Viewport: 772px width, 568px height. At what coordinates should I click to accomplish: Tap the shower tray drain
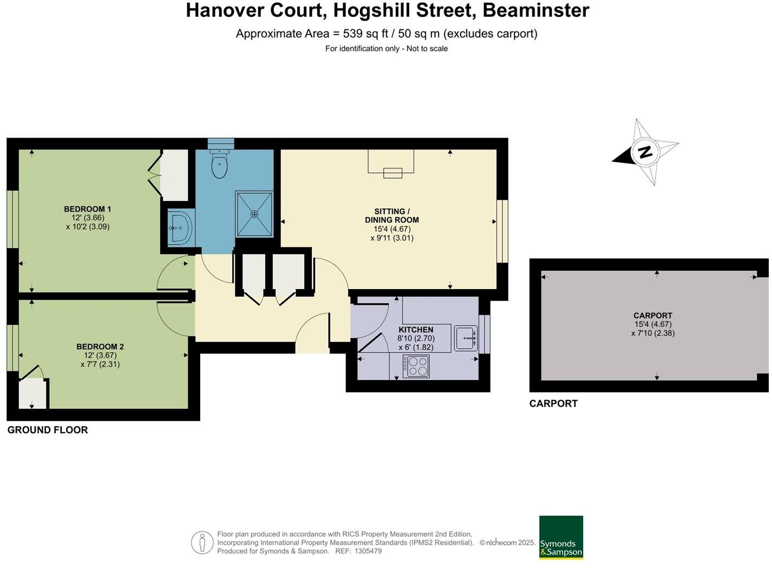[x=254, y=214]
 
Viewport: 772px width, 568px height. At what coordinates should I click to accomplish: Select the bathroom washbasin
[x=179, y=228]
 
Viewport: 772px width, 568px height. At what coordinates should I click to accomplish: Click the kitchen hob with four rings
[x=416, y=366]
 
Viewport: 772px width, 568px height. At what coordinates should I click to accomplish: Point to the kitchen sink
[x=466, y=338]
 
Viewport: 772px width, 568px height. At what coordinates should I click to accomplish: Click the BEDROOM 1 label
[x=88, y=209]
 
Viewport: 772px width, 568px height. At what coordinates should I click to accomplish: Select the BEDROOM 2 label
[x=100, y=347]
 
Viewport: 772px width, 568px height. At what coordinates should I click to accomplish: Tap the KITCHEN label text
[x=416, y=329]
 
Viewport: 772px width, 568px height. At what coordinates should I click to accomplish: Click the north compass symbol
[x=645, y=152]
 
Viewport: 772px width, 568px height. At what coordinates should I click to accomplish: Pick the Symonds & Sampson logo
[x=561, y=537]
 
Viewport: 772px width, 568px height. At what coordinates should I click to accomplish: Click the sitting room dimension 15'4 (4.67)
[x=392, y=229]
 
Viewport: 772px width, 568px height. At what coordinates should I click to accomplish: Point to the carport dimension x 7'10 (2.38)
[x=653, y=333]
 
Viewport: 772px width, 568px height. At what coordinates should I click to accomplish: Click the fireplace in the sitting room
[x=392, y=163]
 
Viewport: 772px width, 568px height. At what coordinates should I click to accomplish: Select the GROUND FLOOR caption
[x=48, y=430]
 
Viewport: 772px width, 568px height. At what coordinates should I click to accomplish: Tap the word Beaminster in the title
[x=535, y=10]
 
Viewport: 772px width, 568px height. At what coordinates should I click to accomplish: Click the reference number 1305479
[x=368, y=551]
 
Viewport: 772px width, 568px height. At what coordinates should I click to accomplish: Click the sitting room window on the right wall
[x=503, y=231]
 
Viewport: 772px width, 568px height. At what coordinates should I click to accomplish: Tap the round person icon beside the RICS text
[x=202, y=543]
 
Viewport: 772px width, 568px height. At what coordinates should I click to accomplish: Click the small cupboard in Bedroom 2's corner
[x=32, y=393]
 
